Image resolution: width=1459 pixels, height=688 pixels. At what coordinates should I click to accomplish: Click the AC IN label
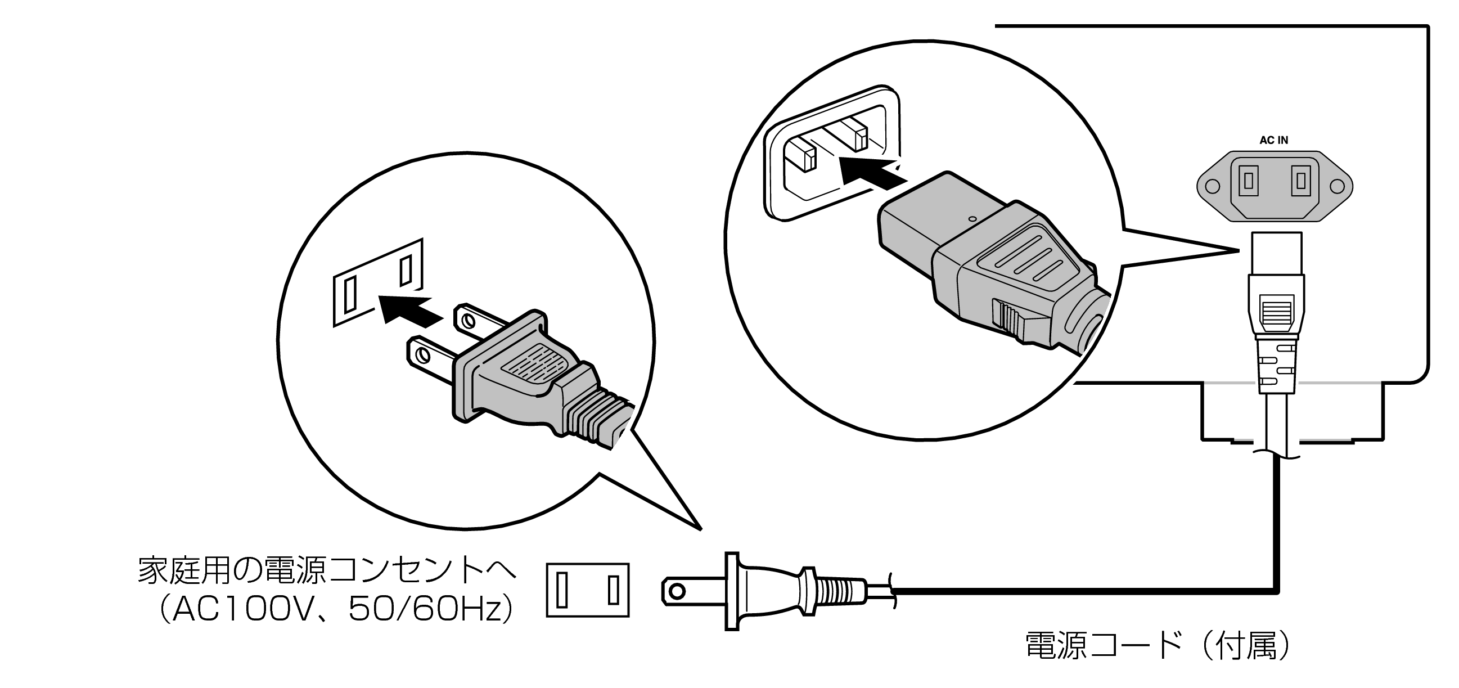point(1273,141)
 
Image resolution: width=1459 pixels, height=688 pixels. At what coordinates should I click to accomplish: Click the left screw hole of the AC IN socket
point(1212,186)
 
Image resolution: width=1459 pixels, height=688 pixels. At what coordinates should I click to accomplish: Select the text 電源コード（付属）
point(1158,646)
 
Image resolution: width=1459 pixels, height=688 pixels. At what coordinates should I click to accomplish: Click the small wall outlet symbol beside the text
point(587,590)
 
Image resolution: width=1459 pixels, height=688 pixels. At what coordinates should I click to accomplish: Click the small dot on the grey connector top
point(972,218)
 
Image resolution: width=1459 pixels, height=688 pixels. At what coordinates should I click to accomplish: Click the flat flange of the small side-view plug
point(732,591)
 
